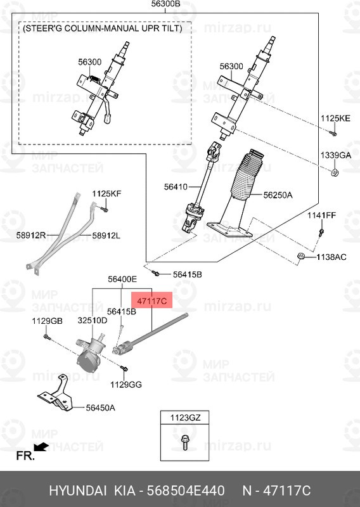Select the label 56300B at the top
pyautogui.click(x=166, y=5)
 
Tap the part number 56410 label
pyautogui.click(x=176, y=186)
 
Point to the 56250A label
pyautogui.click(x=278, y=195)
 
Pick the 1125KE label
pyautogui.click(x=334, y=119)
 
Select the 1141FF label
pyautogui.click(x=321, y=216)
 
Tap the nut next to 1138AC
pyautogui.click(x=302, y=256)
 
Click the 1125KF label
pyautogui.click(x=106, y=193)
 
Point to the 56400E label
pyautogui.click(x=122, y=279)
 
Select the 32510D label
pyautogui.click(x=93, y=321)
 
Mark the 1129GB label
pyautogui.click(x=48, y=321)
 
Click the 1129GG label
pyautogui.click(x=126, y=385)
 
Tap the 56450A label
pyautogui.click(x=100, y=408)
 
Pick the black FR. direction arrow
pyautogui.click(x=42, y=447)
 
